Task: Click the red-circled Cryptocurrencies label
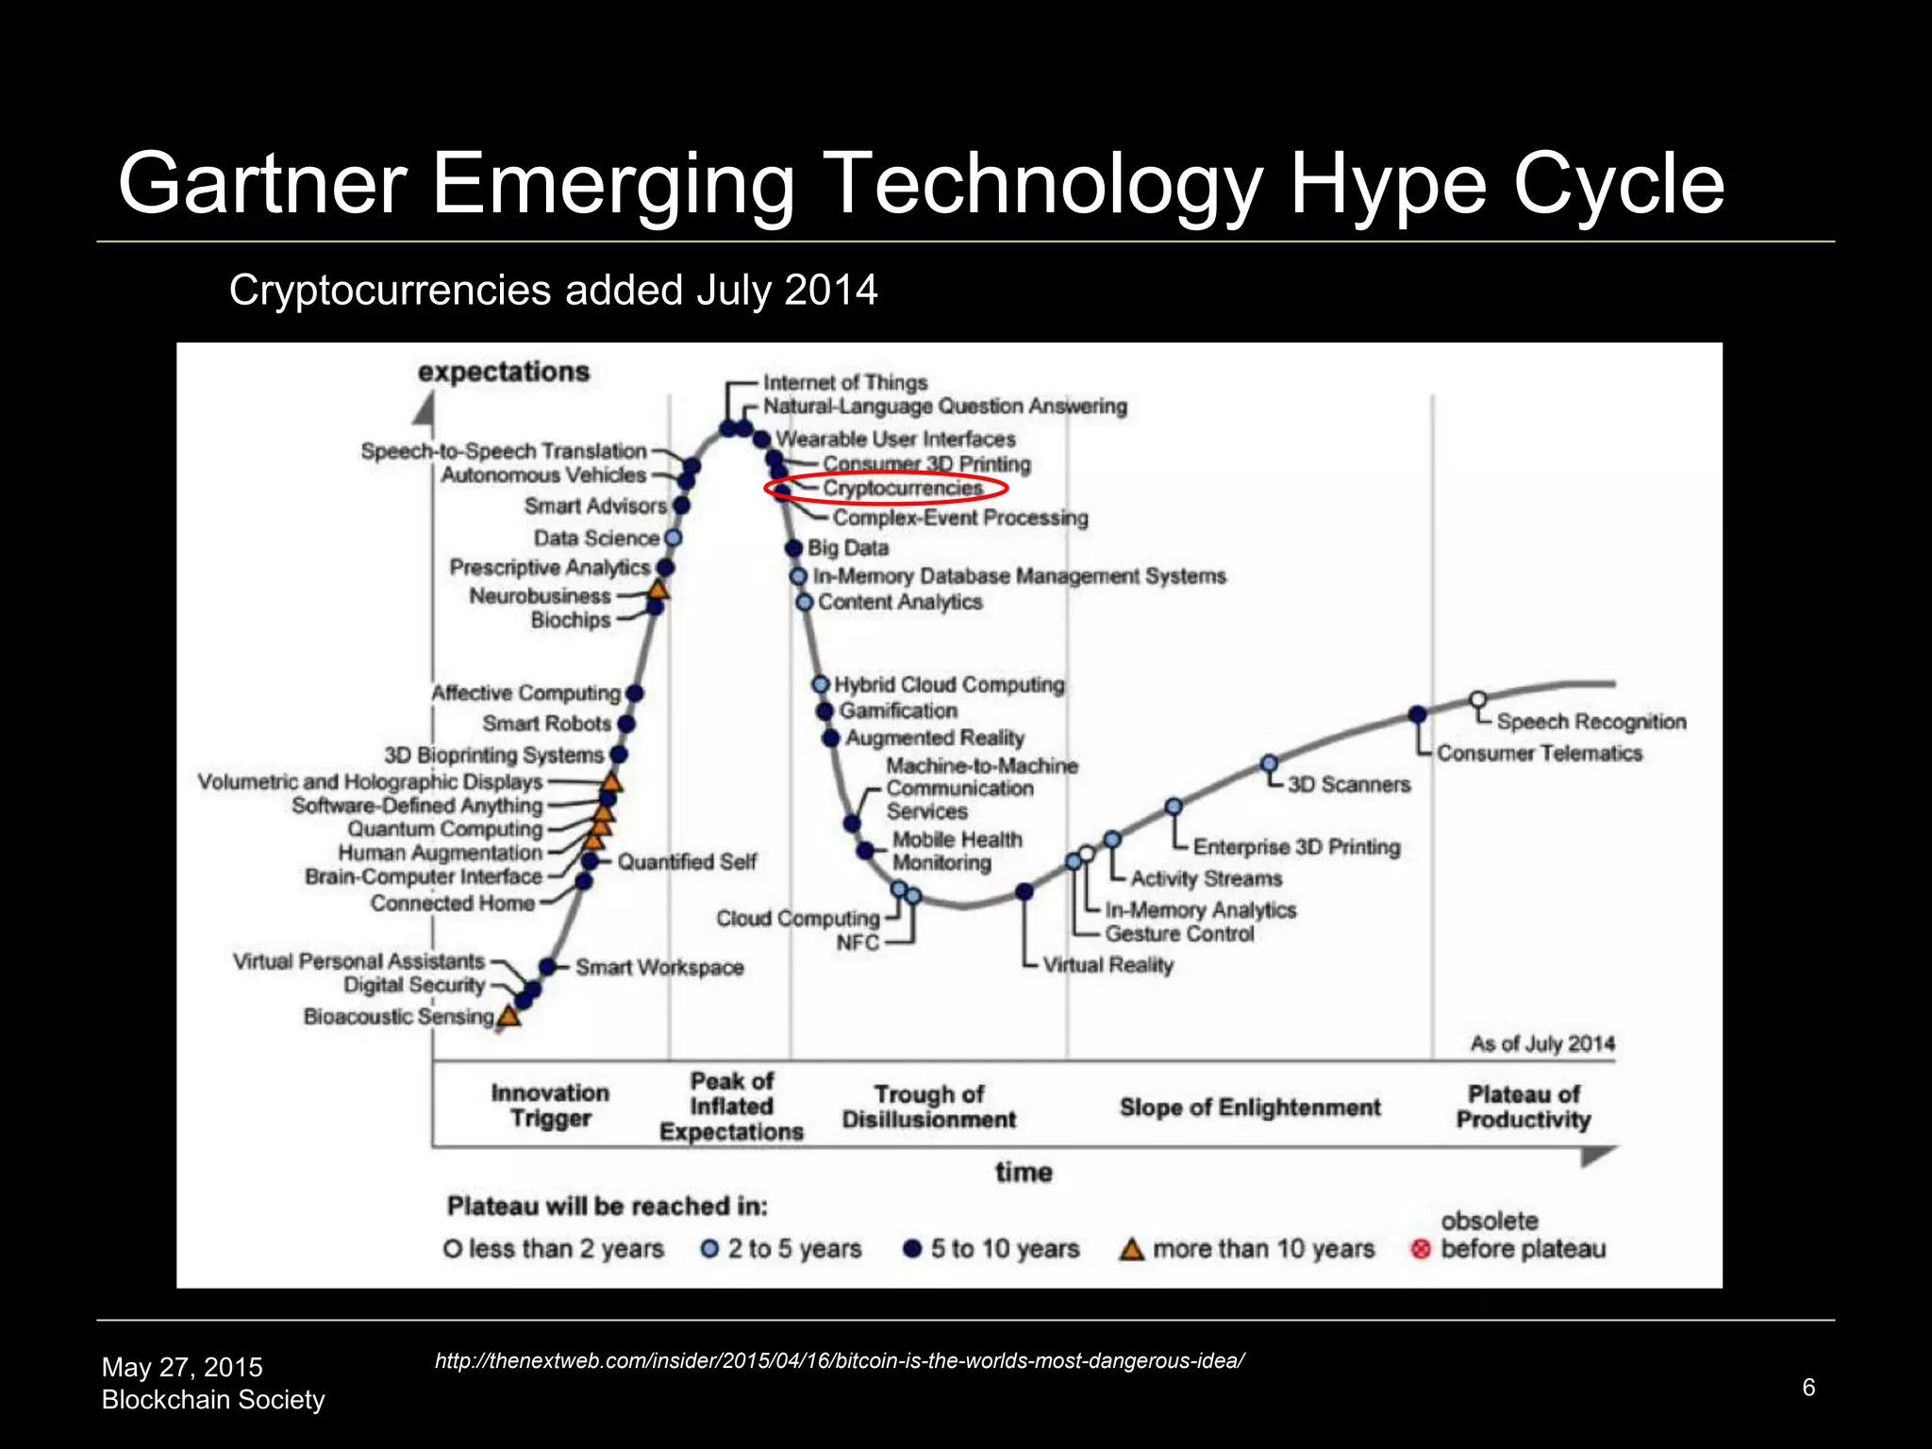[902, 488]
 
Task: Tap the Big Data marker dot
[794, 548]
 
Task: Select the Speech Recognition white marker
[1478, 700]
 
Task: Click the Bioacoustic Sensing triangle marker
[509, 1016]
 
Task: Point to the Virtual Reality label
[1108, 965]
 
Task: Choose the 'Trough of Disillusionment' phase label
[928, 1107]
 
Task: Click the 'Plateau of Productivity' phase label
[1523, 1107]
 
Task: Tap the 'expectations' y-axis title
[504, 372]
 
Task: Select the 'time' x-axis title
[1024, 1172]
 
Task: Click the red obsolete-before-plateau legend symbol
[1421, 1249]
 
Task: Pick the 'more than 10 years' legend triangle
[1131, 1249]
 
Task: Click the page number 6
[1808, 1387]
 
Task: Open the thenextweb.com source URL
[840, 1360]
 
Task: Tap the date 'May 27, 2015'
[182, 1367]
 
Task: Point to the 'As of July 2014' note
[1542, 1043]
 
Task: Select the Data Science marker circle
[673, 538]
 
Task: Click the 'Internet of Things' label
[845, 382]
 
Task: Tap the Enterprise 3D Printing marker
[1174, 807]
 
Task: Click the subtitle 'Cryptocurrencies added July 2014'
[553, 290]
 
